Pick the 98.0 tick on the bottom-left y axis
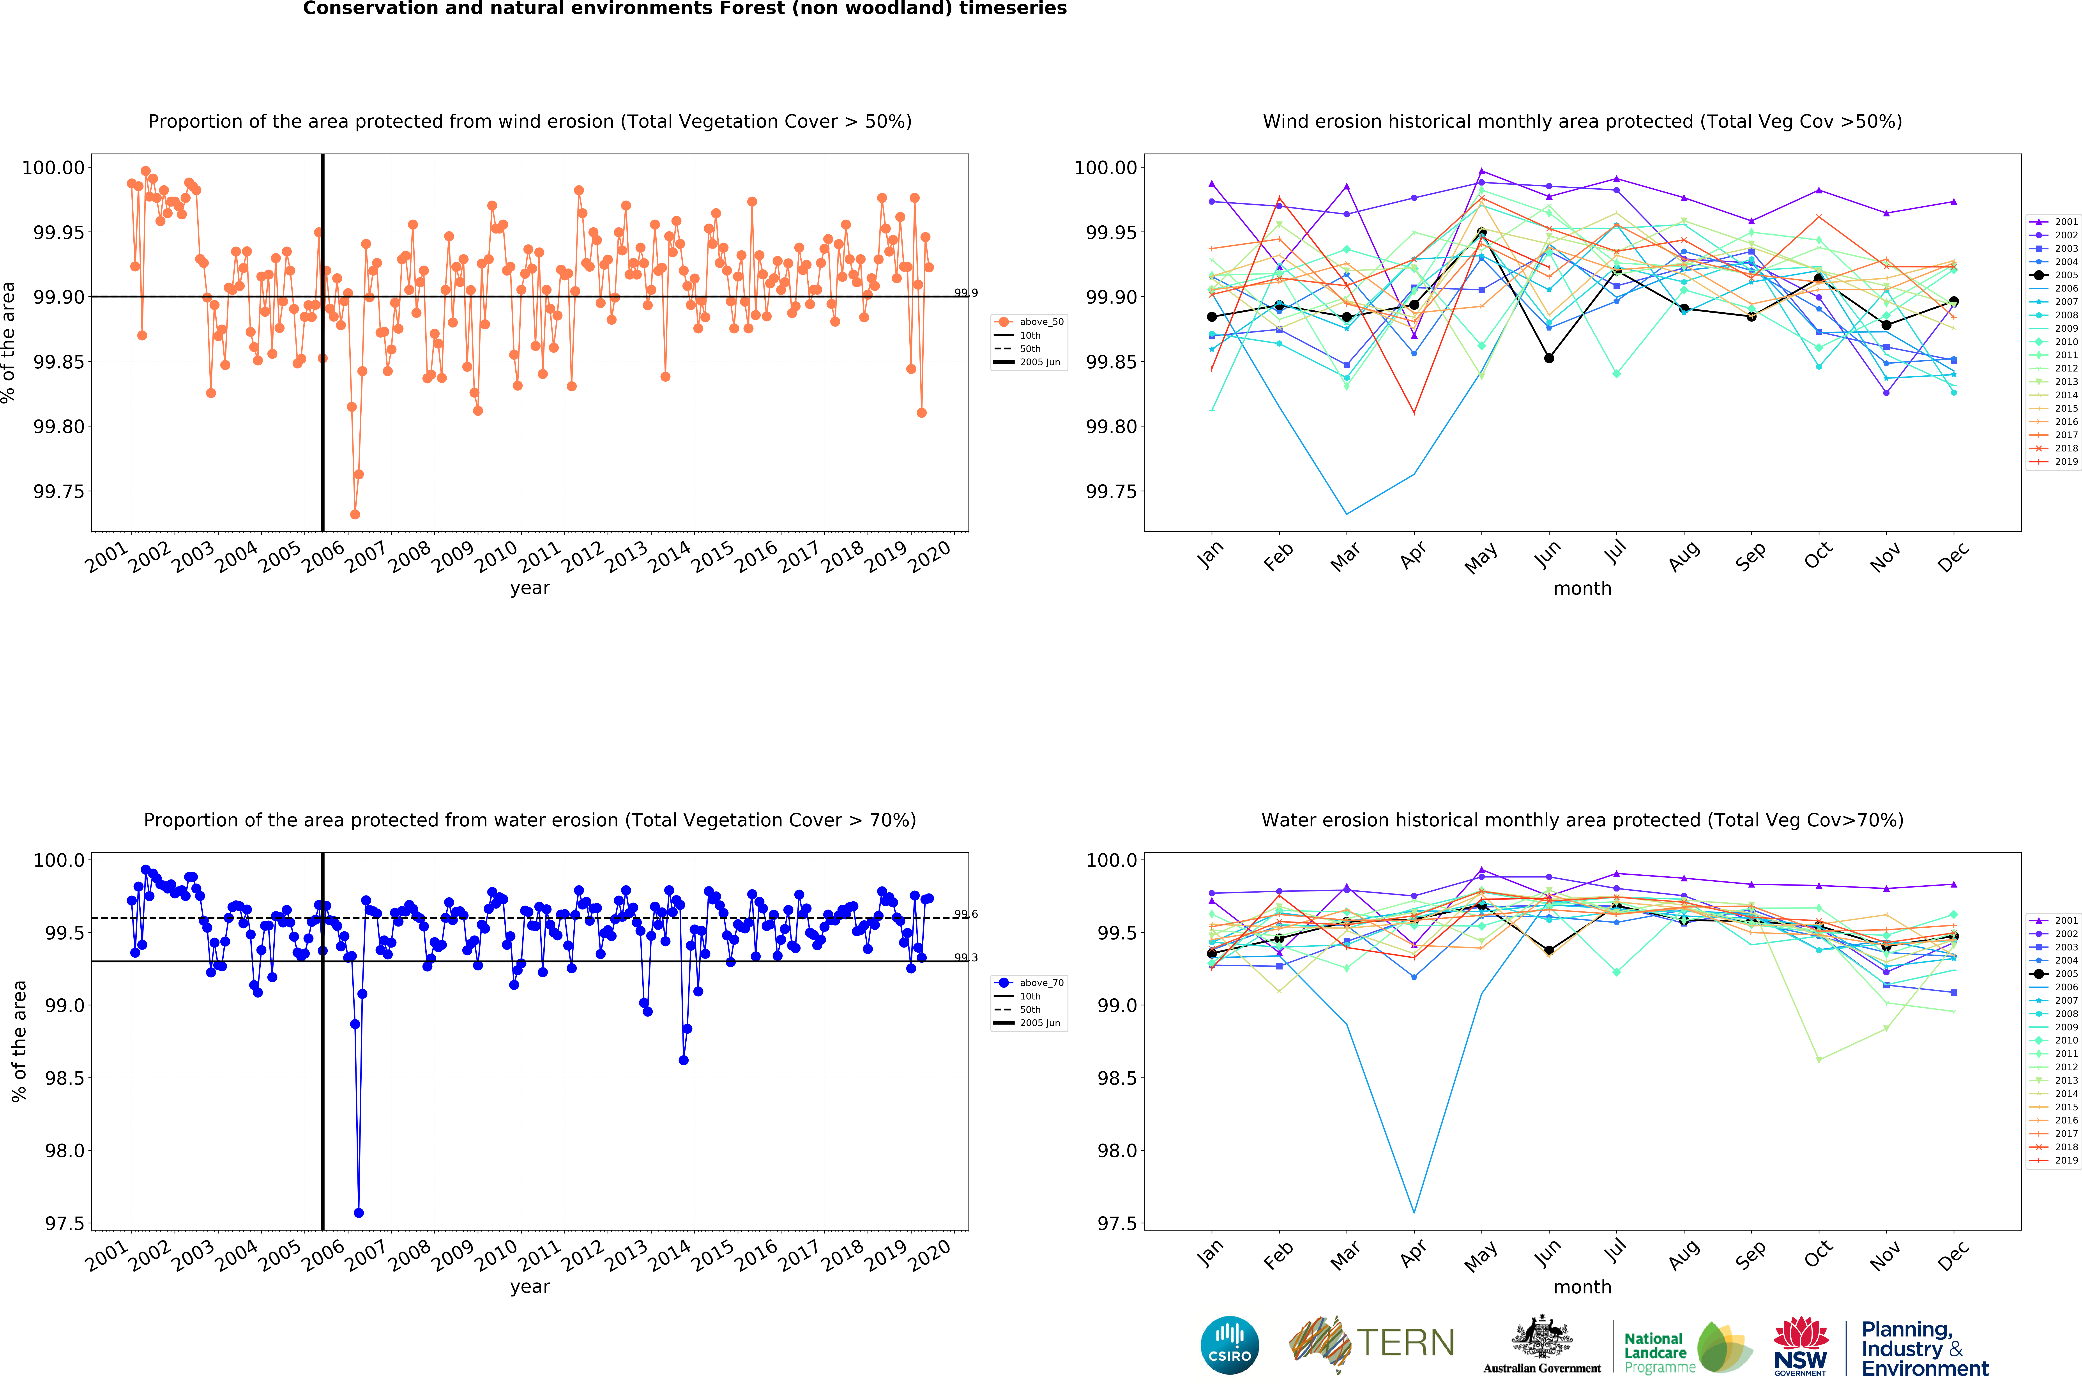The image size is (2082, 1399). point(64,1151)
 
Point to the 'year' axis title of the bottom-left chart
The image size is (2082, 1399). point(530,1287)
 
